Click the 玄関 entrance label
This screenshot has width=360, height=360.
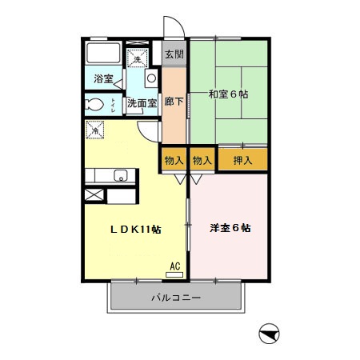tap(174, 55)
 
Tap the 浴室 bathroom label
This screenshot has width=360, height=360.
tap(103, 79)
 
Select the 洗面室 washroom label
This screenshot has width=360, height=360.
tap(142, 103)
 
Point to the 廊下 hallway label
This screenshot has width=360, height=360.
tap(174, 102)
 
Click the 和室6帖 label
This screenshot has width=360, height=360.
tap(229, 94)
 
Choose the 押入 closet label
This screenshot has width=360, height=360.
tap(243, 160)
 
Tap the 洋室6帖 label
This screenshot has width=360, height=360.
tap(230, 228)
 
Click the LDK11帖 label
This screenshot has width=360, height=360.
tap(136, 229)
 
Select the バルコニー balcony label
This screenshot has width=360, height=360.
tap(176, 298)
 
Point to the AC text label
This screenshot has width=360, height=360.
tap(174, 266)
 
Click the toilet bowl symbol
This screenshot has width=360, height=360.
tap(94, 104)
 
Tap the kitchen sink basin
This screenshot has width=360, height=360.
tap(120, 176)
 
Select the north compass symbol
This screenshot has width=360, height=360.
tap(268, 334)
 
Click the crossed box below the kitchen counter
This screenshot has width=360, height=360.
tap(93, 195)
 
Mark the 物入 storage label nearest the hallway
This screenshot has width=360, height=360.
tap(174, 160)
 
